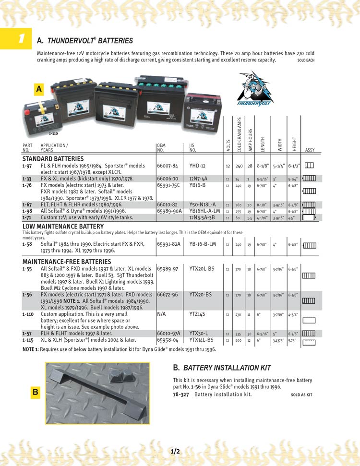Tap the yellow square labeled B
coord(35,392)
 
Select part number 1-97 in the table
coord(27,166)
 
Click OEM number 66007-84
coord(168,166)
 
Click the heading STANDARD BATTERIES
coord(53,159)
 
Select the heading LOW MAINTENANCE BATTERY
coord(63,227)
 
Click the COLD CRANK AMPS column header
coord(239,135)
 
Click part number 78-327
coord(180,394)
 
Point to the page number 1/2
coord(175,451)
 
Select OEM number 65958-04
coord(168,339)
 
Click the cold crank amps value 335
coord(239,334)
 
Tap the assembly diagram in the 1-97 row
coord(309,166)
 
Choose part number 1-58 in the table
coord(27,244)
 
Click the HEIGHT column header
coord(294,143)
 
